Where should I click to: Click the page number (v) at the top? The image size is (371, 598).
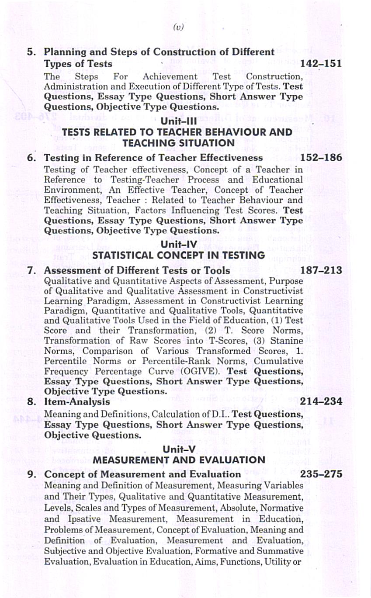pos(178,28)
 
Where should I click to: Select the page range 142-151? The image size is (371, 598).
pos(321,64)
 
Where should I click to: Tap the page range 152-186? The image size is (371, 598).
pos(321,158)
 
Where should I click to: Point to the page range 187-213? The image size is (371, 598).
pos(321,271)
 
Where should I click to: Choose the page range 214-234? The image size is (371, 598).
pos(321,401)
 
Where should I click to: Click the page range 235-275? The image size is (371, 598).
pos(321,474)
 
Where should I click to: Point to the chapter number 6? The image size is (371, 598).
pos(31,158)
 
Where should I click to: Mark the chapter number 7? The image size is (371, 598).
pos(31,271)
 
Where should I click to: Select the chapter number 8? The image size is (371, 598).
pos(31,401)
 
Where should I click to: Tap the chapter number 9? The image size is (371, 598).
pos(31,474)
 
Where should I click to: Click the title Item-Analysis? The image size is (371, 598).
pos(77,401)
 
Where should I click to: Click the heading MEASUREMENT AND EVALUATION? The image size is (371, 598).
pos(179,460)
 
